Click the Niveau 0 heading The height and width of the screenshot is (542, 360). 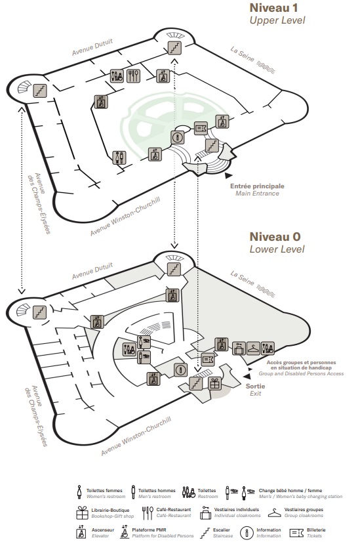pyautogui.click(x=275, y=237)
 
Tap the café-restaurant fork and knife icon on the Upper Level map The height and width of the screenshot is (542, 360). pyautogui.click(x=133, y=75)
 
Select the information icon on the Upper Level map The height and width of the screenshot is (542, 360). pyautogui.click(x=178, y=138)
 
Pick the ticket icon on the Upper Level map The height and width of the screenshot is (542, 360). pyautogui.click(x=201, y=129)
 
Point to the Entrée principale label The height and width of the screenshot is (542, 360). pyautogui.click(x=257, y=186)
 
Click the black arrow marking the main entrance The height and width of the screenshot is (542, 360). pyautogui.click(x=228, y=176)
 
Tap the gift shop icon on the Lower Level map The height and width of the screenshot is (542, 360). pyautogui.click(x=215, y=384)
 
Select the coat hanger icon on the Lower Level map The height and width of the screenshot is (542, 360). pyautogui.click(x=253, y=348)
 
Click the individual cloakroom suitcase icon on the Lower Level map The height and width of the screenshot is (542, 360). pyautogui.click(x=239, y=348)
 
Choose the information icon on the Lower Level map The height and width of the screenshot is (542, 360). pyautogui.click(x=180, y=370)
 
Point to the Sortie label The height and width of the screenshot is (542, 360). pyautogui.click(x=255, y=386)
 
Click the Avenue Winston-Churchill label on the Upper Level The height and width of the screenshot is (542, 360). pyautogui.click(x=125, y=217)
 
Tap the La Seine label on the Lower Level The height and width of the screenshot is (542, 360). pyautogui.click(x=243, y=279)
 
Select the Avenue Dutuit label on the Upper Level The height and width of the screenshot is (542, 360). pyautogui.click(x=92, y=47)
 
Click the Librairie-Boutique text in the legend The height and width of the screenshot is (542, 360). pyautogui.click(x=110, y=511)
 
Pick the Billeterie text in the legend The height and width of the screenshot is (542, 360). pyautogui.click(x=316, y=530)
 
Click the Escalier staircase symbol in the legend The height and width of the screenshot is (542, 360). pyautogui.click(x=205, y=533)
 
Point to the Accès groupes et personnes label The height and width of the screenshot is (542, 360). pyautogui.click(x=301, y=363)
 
